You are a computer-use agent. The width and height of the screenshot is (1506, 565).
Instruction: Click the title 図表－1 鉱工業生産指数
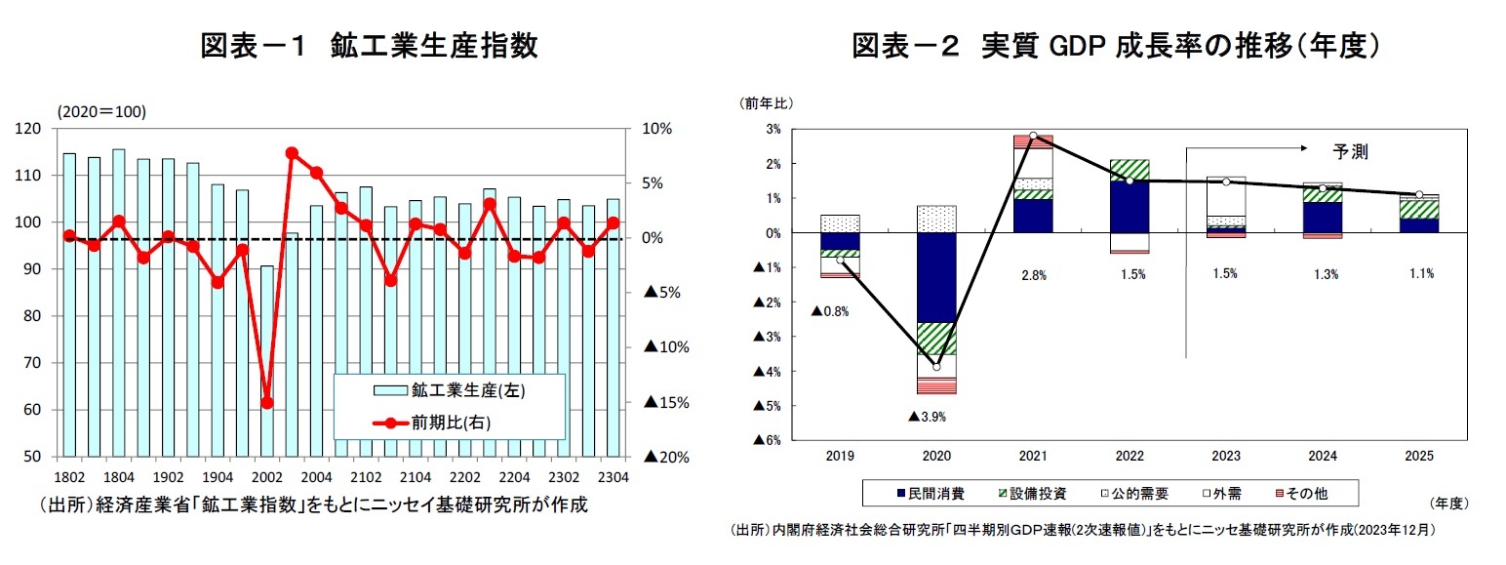click(369, 46)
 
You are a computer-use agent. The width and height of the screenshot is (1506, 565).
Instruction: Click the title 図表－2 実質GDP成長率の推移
click(1116, 46)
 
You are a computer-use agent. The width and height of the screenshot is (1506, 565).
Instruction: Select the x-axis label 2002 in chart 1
click(267, 477)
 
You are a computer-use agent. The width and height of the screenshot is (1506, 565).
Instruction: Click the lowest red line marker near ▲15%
click(267, 403)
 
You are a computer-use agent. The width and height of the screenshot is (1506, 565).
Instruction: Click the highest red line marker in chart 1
click(292, 153)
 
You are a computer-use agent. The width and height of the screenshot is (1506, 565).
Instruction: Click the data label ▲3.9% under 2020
click(927, 417)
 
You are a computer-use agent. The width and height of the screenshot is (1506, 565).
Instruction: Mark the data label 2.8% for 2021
click(1033, 275)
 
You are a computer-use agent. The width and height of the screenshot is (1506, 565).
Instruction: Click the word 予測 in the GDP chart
click(1350, 152)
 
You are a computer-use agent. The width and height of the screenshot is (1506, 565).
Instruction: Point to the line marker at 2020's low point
click(936, 367)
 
